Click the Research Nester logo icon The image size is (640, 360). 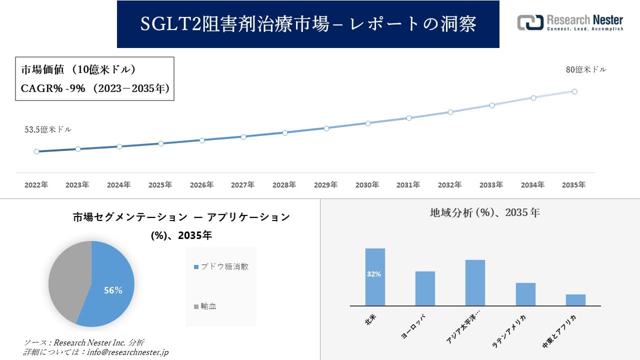[x=530, y=22]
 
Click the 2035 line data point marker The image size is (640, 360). [x=574, y=91]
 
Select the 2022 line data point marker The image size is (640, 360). [x=36, y=151]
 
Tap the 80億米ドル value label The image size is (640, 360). [x=586, y=70]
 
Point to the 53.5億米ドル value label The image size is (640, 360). [x=48, y=129]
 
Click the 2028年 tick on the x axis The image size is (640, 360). [x=284, y=185]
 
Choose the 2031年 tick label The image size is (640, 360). [x=408, y=185]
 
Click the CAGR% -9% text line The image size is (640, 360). [x=95, y=88]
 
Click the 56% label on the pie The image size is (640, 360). [x=113, y=290]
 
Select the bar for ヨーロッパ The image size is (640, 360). [x=425, y=288]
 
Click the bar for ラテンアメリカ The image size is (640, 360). [x=525, y=294]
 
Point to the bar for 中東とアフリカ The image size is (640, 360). [x=575, y=300]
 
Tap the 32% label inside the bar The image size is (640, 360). [x=374, y=274]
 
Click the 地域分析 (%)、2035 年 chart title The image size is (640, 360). [x=484, y=212]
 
